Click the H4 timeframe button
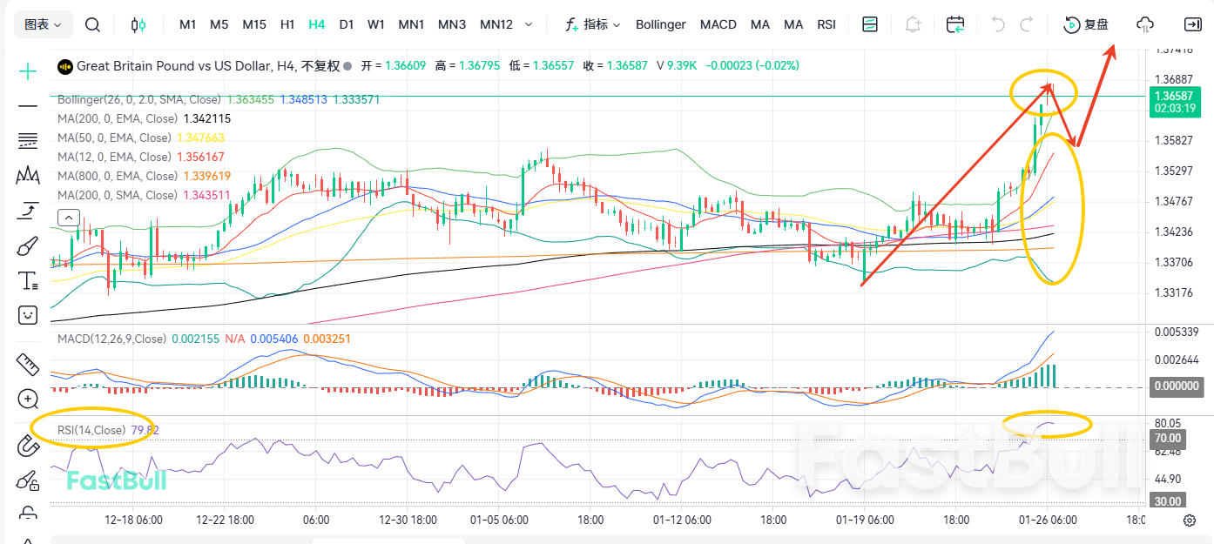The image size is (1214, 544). click(316, 24)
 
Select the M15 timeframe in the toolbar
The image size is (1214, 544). click(254, 24)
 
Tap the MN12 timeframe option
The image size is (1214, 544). click(496, 24)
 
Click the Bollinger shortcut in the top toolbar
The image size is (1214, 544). click(660, 24)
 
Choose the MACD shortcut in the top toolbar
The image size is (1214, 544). click(718, 24)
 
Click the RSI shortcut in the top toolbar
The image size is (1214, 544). click(826, 24)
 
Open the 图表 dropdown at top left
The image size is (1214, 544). click(43, 24)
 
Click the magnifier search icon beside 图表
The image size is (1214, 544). click(92, 24)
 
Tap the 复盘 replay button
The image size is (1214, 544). click(1087, 24)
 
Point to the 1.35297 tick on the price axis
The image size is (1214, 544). click(1172, 171)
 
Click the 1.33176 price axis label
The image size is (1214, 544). click(1172, 292)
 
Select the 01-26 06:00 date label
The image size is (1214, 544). click(1049, 520)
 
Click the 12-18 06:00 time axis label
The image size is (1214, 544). click(133, 520)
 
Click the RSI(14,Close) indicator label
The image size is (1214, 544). click(91, 430)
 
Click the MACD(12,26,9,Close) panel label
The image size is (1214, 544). click(111, 338)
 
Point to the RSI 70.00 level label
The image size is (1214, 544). click(1168, 438)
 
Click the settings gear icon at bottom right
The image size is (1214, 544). click(1189, 520)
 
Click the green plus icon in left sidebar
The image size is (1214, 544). click(29, 71)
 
